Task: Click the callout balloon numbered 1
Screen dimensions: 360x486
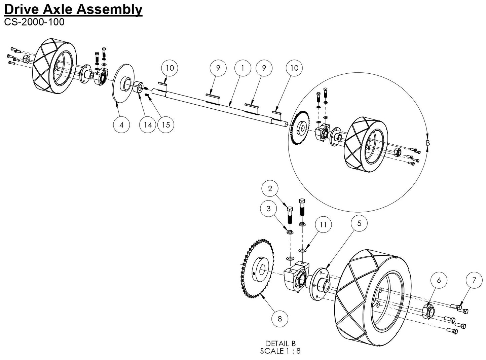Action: coord(242,68)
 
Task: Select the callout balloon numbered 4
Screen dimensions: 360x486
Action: coord(121,125)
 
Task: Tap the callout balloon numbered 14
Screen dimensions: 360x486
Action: coord(148,125)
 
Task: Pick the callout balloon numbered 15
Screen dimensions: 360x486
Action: coord(166,125)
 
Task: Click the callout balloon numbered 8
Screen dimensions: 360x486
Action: coord(280,318)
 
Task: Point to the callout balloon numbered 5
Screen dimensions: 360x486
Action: coord(359,223)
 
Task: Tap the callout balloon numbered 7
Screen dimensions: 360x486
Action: coord(475,281)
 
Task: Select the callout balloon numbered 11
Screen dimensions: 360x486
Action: coord(323,224)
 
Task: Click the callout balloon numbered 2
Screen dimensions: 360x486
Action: coord(270,189)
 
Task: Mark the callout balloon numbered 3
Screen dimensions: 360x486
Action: coord(268,209)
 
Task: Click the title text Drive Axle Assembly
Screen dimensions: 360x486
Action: coord(73,9)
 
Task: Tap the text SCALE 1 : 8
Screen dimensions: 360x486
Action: coord(280,351)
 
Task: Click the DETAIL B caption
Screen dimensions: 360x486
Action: coord(280,344)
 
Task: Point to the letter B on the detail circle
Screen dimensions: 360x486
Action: coord(428,143)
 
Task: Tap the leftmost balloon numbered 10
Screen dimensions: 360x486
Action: coord(170,68)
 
